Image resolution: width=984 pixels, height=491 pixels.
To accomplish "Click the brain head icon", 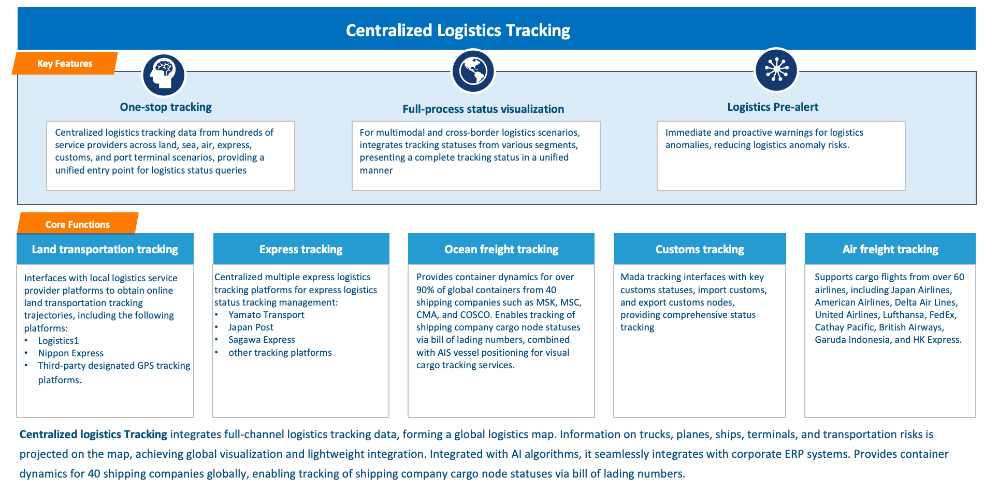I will point(164,75).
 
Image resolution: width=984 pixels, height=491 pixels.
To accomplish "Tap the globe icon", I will point(473,71).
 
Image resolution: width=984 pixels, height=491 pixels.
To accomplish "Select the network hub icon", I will point(776,70).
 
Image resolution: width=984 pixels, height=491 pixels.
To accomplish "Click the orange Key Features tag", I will point(65,63).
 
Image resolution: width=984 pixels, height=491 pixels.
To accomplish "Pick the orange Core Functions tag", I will point(78,224).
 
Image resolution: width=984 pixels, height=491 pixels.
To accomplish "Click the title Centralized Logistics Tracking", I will point(458,30).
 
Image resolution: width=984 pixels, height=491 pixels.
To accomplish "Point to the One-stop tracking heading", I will point(166,107).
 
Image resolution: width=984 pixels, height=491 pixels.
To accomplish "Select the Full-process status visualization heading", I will point(483,109).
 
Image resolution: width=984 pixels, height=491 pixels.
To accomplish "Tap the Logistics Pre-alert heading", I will point(773,107).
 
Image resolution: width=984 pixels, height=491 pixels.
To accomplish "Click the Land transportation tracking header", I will point(105,249).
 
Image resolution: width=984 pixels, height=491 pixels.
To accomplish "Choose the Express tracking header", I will point(301,249).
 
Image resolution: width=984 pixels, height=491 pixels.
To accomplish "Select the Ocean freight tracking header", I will point(501,249).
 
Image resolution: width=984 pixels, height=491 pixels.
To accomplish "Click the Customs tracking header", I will point(700,249).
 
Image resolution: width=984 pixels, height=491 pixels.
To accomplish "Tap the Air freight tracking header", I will point(890,249).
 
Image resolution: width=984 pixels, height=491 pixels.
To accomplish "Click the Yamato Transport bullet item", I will point(266,315).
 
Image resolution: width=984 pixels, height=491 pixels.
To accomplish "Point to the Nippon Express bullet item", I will point(71,353).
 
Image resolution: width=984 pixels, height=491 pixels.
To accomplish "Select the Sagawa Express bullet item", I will point(262,340).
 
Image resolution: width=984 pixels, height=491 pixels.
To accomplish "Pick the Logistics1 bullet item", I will point(59,341).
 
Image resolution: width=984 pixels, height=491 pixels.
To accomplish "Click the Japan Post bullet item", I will point(251,327).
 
